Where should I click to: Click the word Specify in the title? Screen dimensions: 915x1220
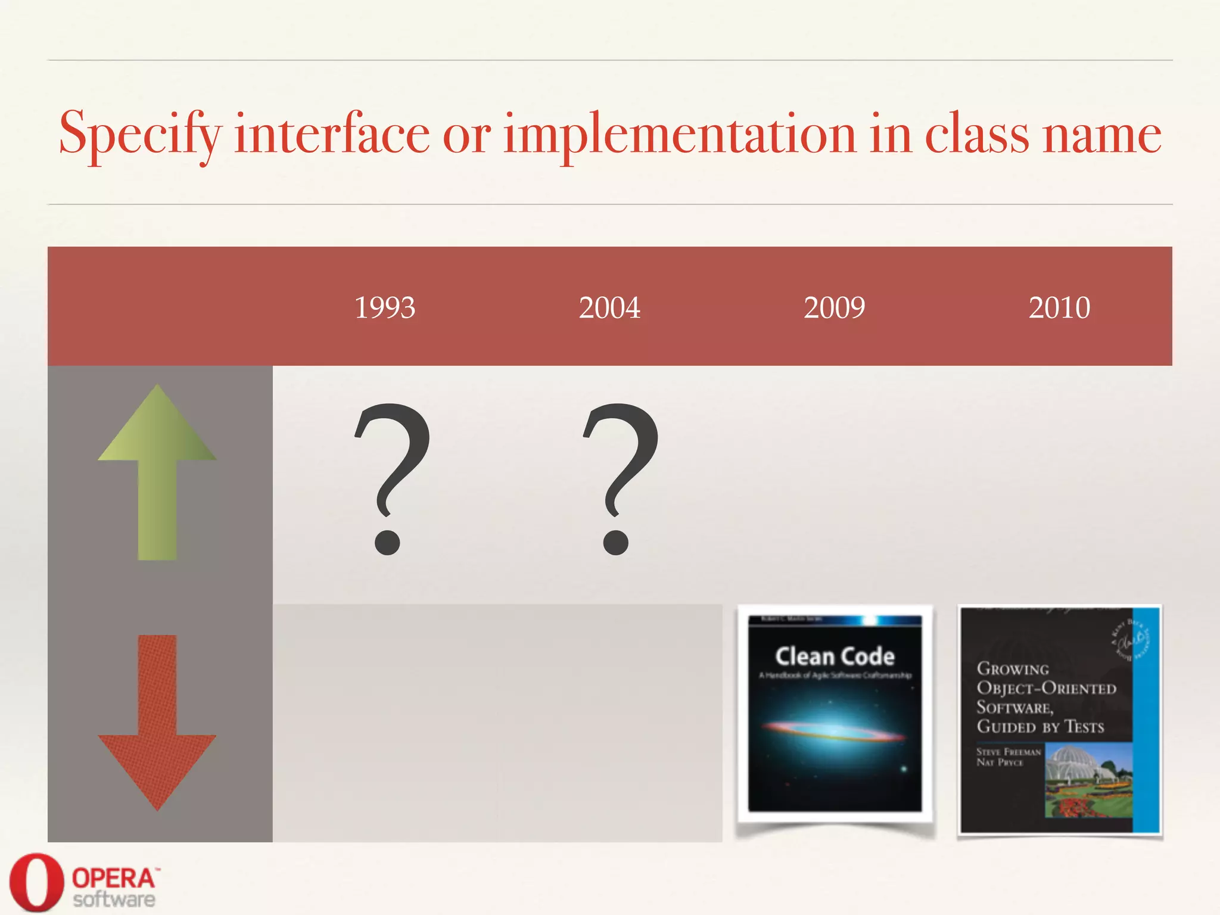[x=141, y=135]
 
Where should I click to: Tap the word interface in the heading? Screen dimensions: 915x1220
[x=332, y=133]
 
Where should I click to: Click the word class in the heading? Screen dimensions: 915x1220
[x=976, y=133]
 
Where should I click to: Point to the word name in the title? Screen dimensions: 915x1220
[x=1101, y=135]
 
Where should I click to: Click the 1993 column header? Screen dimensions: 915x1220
[x=385, y=307]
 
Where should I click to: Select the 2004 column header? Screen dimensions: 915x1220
[x=609, y=307]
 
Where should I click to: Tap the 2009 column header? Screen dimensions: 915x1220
[x=834, y=307]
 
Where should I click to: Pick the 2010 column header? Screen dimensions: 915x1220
[x=1059, y=307]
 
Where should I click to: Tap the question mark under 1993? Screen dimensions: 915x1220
[x=390, y=477]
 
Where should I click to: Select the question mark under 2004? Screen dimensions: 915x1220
[x=620, y=477]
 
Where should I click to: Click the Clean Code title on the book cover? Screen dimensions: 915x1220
[x=835, y=656]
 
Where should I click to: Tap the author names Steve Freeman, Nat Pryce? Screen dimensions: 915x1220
[x=1008, y=757]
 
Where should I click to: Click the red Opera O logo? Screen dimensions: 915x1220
[x=36, y=882]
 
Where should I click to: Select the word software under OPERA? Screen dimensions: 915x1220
[x=114, y=900]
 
